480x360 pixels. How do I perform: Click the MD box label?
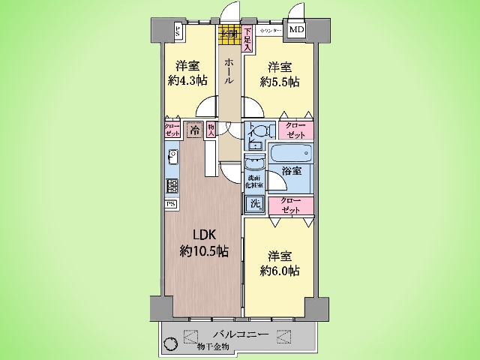pyautogui.click(x=298, y=30)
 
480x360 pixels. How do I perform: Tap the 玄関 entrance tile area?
pyautogui.click(x=228, y=33)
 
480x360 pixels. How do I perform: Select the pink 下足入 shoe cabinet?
pyautogui.click(x=247, y=38)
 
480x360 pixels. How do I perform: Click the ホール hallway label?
pyautogui.click(x=228, y=71)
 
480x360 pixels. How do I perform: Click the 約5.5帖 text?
pyautogui.click(x=279, y=82)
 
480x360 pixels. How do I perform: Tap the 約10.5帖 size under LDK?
pyautogui.click(x=204, y=251)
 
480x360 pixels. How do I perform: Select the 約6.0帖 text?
pyautogui.click(x=280, y=269)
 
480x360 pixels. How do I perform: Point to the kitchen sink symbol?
pyautogui.click(x=172, y=157)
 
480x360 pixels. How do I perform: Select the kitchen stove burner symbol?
pyautogui.click(x=172, y=186)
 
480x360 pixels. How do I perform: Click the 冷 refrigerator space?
pyautogui.click(x=194, y=129)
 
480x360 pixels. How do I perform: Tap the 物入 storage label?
pyautogui.click(x=212, y=129)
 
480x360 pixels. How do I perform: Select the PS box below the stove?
pyautogui.click(x=171, y=203)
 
